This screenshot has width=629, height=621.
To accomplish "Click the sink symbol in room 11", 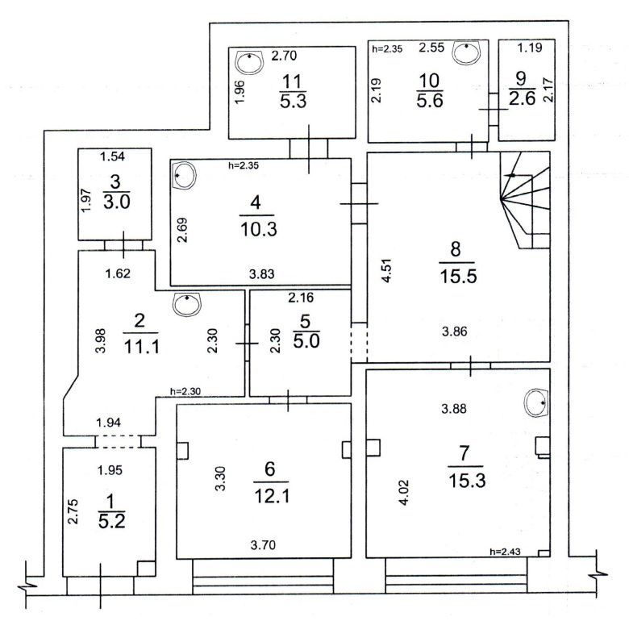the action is point(249,62).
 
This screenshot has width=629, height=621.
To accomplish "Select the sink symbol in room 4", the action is point(184,176).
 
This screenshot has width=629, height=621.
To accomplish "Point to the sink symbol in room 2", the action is point(187,305).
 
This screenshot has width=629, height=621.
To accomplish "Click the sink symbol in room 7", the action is point(536,402).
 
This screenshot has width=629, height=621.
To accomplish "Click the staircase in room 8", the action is point(525,200).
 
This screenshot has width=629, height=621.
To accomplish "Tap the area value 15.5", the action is point(458,276).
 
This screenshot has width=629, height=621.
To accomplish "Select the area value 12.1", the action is point(272,496).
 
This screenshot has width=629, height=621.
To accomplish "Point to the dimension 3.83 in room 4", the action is point(261,274).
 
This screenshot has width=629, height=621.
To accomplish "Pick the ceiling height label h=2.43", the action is point(505,552).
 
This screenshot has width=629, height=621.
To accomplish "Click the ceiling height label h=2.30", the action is point(185,391).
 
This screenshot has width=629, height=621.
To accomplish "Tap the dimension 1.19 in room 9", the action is point(530,48).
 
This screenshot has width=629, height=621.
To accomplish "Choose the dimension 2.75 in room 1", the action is point(73,511).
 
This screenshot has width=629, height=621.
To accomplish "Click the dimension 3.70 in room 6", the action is point(263,544).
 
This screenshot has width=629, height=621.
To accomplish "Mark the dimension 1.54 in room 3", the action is point(112,156).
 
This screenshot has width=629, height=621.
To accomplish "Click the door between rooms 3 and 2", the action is point(123,245).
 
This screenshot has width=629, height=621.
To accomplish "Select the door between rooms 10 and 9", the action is point(494,109).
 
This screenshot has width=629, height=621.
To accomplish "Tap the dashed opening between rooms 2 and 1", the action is point(118,442).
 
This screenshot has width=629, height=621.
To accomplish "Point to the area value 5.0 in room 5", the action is point(306,341).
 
